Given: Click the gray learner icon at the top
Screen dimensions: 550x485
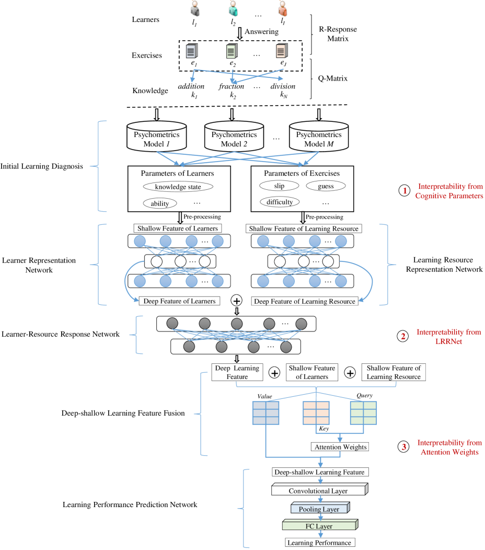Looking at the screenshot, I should click(195, 9).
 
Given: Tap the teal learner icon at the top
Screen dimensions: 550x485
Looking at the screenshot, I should click(233, 9).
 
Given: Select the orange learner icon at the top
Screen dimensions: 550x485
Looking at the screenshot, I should click(283, 9).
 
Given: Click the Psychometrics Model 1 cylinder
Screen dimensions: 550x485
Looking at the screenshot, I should click(157, 137).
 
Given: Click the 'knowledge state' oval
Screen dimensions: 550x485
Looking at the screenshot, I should click(178, 187).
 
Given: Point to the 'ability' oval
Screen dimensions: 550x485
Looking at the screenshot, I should click(159, 203).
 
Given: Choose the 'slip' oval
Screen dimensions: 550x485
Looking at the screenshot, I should click(279, 186).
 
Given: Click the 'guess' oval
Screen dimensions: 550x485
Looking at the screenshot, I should click(326, 186).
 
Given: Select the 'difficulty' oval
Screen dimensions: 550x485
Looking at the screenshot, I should click(280, 202).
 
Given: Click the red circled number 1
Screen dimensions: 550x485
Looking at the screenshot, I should click(404, 191).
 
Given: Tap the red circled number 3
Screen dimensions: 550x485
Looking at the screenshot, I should click(403, 447).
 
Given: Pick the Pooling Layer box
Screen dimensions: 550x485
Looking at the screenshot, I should click(319, 508).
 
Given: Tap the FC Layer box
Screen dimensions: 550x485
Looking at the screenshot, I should click(319, 525).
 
